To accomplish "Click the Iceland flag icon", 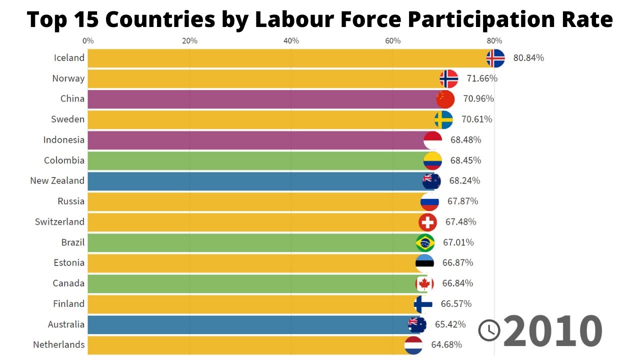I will [x=495, y=58].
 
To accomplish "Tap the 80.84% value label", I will [x=528, y=58].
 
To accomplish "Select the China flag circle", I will [x=445, y=99].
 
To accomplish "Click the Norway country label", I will [x=68, y=78].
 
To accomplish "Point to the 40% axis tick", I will [x=291, y=41].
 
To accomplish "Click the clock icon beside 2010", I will [x=489, y=330].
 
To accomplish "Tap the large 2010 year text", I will [x=552, y=330].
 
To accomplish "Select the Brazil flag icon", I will [x=425, y=243].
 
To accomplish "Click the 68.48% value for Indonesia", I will [x=465, y=140].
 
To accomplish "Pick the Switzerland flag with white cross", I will [x=427, y=222].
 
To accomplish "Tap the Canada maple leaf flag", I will [x=424, y=284].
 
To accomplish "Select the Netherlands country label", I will [x=59, y=345].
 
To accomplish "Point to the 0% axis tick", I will [x=88, y=41].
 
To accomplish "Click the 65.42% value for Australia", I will [x=450, y=324].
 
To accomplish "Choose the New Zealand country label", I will [x=57, y=181].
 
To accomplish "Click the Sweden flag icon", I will [x=443, y=120].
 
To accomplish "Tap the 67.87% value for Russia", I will [x=462, y=201].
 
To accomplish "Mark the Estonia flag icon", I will [x=424, y=263].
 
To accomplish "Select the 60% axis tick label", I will [x=393, y=41].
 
